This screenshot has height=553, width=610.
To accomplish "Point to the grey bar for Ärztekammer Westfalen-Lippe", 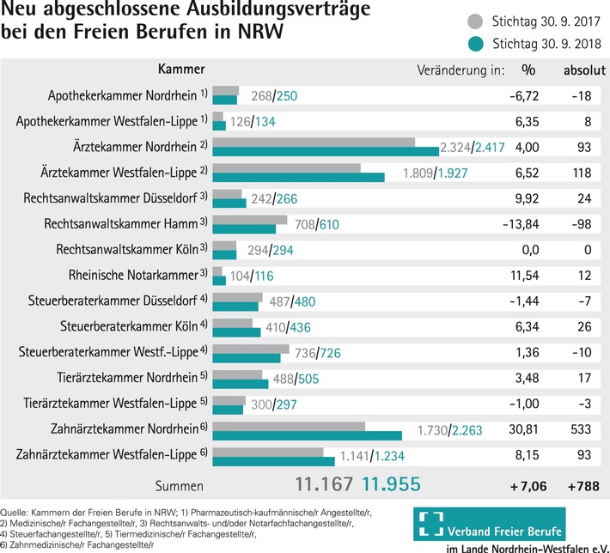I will (286, 168).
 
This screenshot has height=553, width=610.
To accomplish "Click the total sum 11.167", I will (323, 483).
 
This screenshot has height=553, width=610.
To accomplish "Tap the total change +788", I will (582, 486).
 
